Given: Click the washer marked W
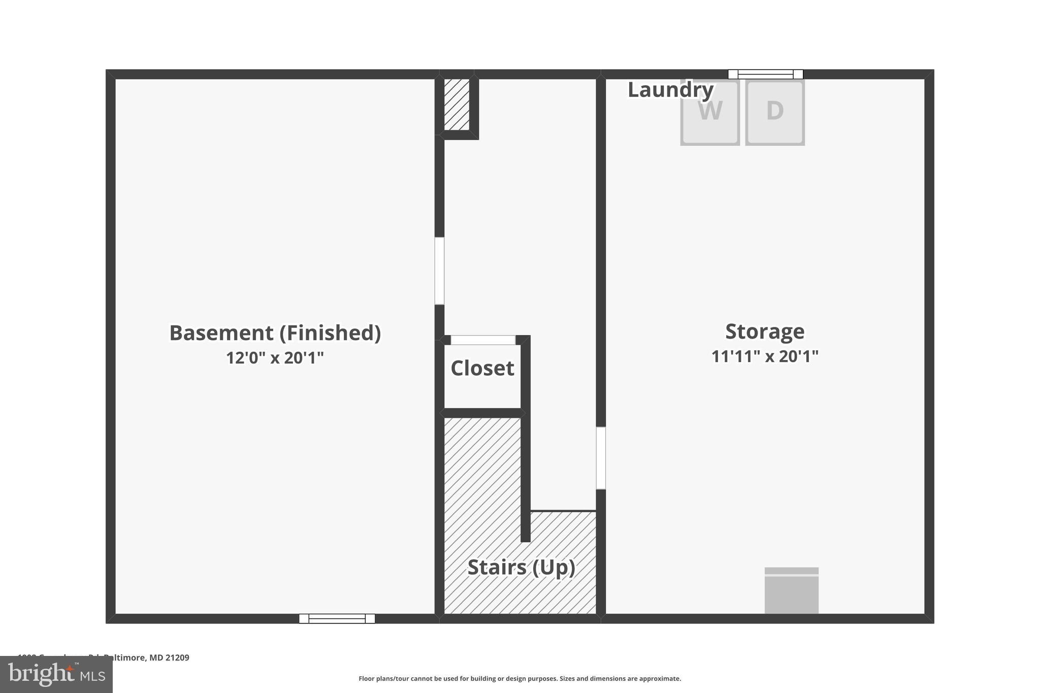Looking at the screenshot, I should (x=709, y=112).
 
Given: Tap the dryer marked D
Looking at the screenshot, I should (x=774, y=112).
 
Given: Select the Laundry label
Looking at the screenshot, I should (x=670, y=90).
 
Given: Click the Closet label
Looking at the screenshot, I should (x=482, y=368).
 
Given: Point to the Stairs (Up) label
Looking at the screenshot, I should (x=521, y=567).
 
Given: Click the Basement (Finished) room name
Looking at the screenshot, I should (x=275, y=333).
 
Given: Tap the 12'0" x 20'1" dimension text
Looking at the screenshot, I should (x=275, y=358).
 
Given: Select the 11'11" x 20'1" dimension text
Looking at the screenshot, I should (x=765, y=356).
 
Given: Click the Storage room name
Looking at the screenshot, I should (x=765, y=332).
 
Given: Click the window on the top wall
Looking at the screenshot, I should (x=765, y=74).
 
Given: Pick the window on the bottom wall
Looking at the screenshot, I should (x=337, y=618).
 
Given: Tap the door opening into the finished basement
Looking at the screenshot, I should (x=439, y=271).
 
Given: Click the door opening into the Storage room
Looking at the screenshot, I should (x=601, y=458).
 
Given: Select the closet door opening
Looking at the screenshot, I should (x=483, y=340).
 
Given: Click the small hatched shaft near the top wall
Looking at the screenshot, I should (x=457, y=104).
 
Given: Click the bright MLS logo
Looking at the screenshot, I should (x=56, y=674).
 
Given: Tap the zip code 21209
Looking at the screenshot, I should (x=177, y=657).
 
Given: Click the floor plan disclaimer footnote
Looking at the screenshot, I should (x=519, y=678).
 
